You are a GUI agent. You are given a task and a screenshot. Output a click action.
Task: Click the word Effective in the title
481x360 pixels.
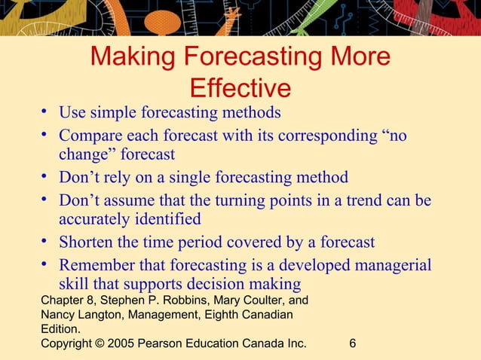coord(240,88)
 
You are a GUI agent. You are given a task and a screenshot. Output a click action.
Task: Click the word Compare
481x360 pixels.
coord(90,137)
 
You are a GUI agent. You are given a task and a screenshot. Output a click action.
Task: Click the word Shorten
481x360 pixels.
coord(87,243)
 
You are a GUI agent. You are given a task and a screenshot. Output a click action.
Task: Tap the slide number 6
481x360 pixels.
coord(353,344)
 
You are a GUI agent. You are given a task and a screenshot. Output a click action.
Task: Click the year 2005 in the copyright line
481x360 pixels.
coord(121,344)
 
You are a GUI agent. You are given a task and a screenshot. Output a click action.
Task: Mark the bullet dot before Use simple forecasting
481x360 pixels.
coord(46,114)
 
